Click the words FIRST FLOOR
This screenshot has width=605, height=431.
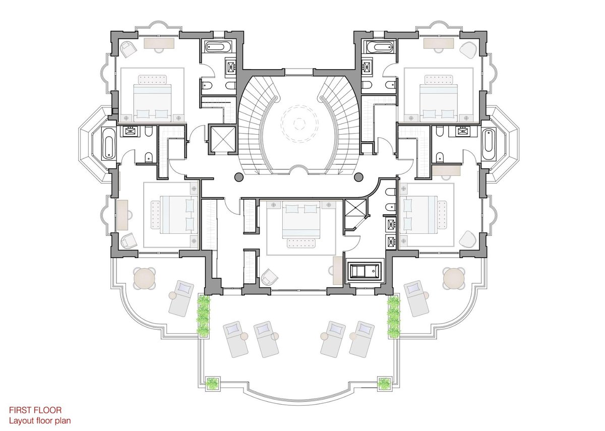click(x=35, y=410)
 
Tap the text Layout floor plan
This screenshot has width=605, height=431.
click(x=40, y=421)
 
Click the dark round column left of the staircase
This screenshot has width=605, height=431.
click(x=239, y=177)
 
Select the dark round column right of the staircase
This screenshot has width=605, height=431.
click(x=358, y=177)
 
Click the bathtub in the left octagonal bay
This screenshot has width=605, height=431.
click(x=108, y=143)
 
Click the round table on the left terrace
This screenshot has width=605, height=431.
click(x=145, y=278)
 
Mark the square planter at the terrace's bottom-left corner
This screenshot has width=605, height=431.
click(x=213, y=384)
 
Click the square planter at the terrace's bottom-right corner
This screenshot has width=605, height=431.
click(x=384, y=384)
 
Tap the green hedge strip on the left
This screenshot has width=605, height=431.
click(x=203, y=316)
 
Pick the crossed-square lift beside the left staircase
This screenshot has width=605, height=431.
click(x=223, y=140)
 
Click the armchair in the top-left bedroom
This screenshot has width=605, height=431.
click(x=128, y=49)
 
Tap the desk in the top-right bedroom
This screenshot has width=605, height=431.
click(x=439, y=43)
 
